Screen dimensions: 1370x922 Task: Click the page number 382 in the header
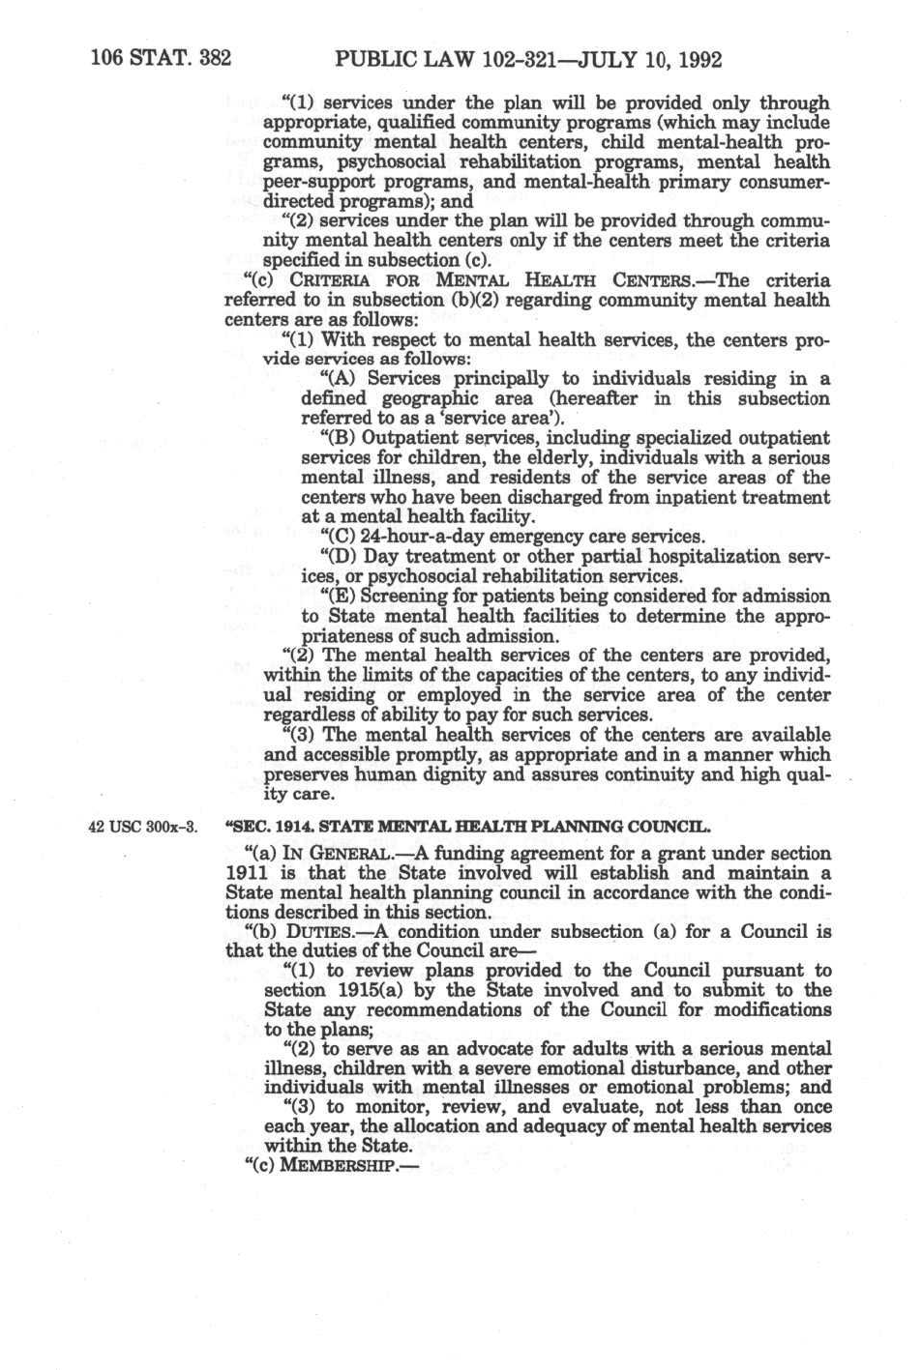[x=214, y=58]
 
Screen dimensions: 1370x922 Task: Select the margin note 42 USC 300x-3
[x=142, y=828]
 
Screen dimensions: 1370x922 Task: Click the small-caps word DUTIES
[x=314, y=933]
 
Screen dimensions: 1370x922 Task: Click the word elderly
[x=539, y=458]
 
